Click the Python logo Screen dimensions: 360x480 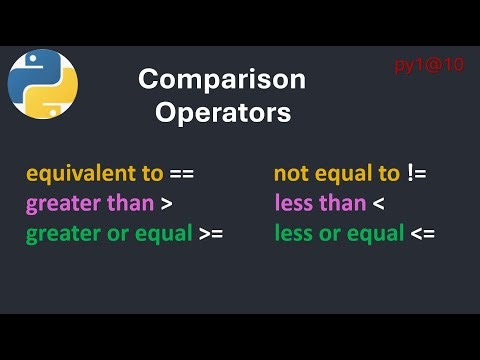click(x=43, y=83)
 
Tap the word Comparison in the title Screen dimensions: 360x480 click(x=222, y=79)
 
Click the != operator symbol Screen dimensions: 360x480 click(x=417, y=174)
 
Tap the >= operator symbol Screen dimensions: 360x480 click(x=210, y=235)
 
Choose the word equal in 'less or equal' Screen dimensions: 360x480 click(x=375, y=235)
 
